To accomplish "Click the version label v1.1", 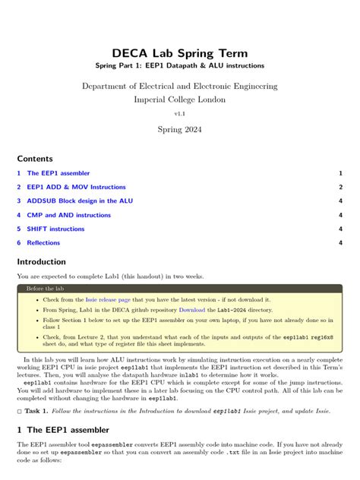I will [179, 113].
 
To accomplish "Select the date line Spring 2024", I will [179, 130].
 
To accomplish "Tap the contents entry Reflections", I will [43, 243].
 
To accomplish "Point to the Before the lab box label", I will [45, 289].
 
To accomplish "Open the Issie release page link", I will [108, 300].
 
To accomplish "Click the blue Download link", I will [192, 310].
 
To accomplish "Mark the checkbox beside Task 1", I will [19, 411].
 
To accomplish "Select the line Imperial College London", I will [179, 99].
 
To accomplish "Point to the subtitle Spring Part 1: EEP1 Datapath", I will [179, 66].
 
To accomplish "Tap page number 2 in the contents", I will [341, 187].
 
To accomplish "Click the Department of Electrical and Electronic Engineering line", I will [179, 87].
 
